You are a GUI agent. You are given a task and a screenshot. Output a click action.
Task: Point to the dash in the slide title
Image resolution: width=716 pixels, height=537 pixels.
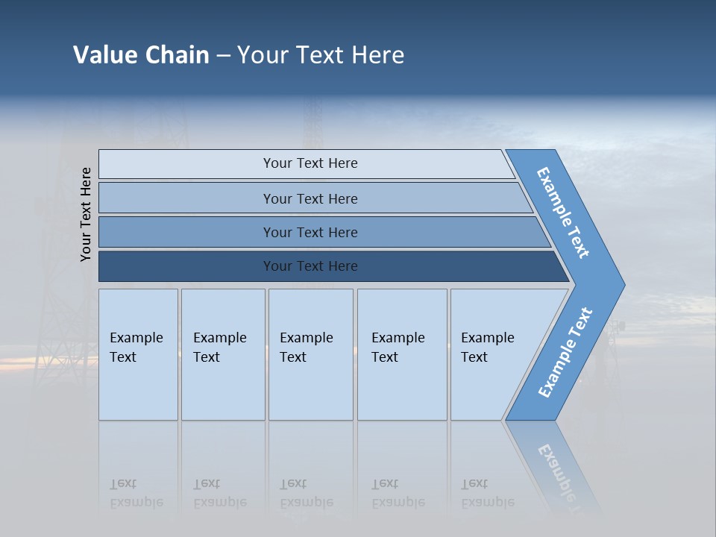click(223, 56)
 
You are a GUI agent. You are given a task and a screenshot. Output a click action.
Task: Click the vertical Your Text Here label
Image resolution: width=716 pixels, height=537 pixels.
click(86, 214)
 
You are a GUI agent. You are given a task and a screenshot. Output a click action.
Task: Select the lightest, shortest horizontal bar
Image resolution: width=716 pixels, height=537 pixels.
click(310, 163)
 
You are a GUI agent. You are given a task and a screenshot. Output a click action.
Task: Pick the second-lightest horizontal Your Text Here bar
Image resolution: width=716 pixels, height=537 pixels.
click(310, 198)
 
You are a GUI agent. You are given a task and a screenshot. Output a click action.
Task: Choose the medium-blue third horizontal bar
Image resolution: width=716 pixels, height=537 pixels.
click(310, 232)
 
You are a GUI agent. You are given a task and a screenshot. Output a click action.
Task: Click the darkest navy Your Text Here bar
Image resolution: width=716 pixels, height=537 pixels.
click(310, 266)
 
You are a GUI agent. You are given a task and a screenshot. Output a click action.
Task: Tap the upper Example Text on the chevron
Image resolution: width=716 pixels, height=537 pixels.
click(563, 213)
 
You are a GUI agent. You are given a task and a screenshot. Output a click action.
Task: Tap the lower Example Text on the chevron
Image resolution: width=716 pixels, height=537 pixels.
click(565, 352)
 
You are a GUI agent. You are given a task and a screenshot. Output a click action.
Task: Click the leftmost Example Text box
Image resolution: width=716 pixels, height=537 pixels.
click(138, 354)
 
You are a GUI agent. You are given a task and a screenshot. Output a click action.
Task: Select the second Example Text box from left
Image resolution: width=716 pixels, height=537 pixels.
click(222, 354)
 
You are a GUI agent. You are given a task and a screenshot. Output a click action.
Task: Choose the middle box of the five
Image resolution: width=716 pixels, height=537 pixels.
click(310, 354)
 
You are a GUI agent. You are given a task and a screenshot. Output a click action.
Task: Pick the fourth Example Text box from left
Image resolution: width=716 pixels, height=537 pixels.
click(401, 354)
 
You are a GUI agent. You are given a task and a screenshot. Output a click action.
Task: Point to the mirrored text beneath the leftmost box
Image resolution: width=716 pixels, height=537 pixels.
click(136, 493)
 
